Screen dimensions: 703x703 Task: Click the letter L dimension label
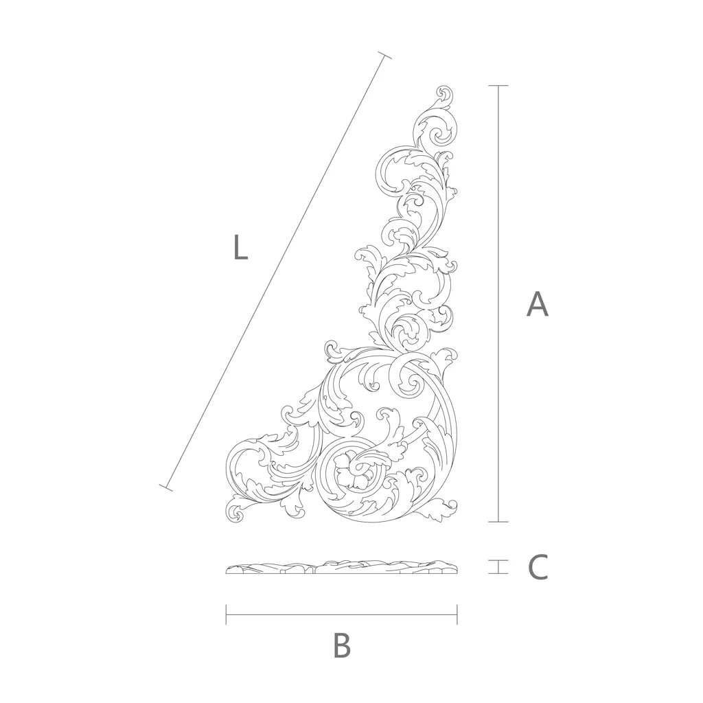[240, 247]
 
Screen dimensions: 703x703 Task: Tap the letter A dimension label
[537, 304]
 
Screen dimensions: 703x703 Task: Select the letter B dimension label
[342, 645]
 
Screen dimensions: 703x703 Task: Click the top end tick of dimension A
[498, 86]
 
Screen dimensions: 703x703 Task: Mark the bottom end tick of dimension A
[498, 522]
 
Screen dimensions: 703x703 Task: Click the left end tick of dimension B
[227, 614]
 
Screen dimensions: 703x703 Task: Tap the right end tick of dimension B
[457, 614]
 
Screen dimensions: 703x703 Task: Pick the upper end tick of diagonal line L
[384, 56]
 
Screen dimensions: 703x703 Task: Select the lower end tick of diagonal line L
[166, 487]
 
